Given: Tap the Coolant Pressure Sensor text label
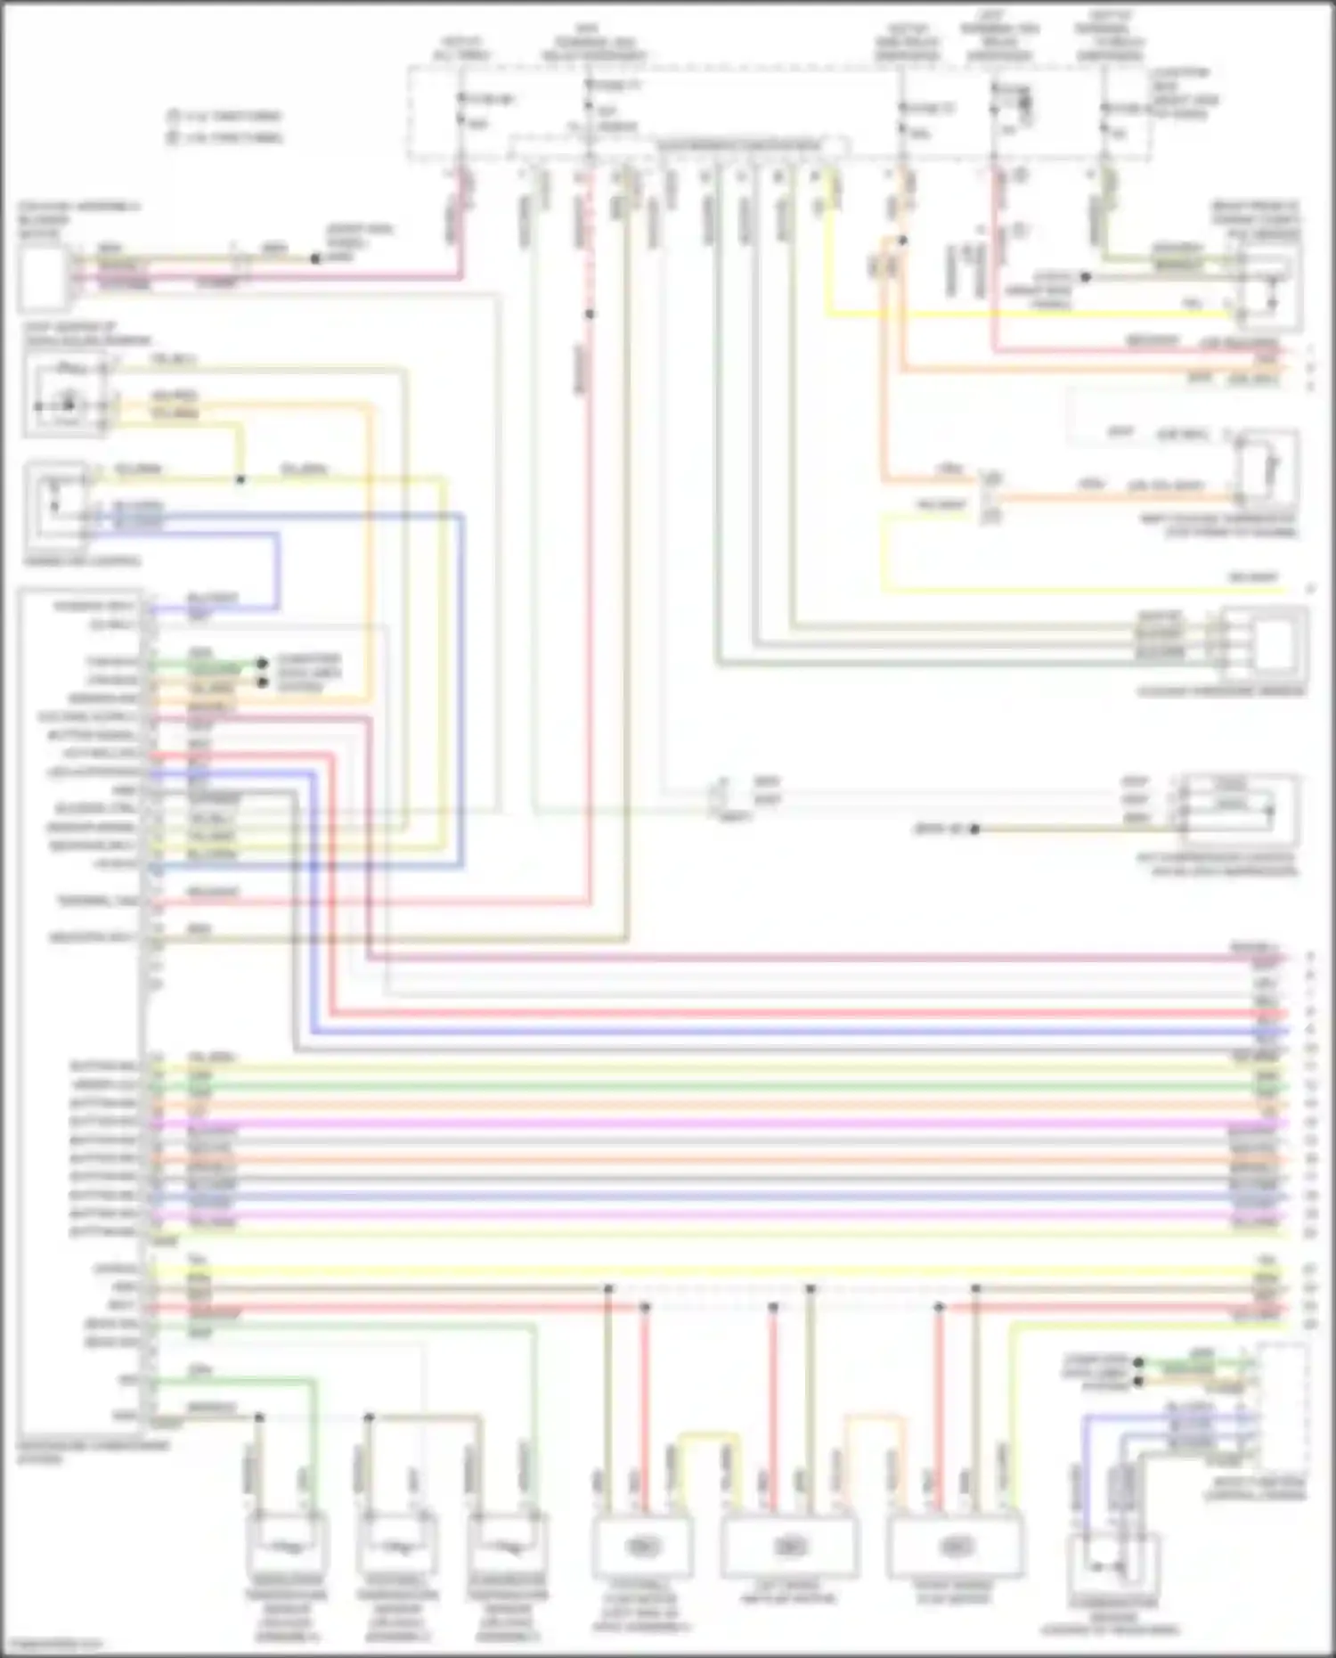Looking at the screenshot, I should point(1220,691).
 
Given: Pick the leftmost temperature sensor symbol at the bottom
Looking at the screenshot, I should point(287,1547).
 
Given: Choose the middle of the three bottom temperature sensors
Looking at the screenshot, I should point(398,1547).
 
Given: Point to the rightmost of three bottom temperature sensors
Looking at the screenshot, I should point(508,1547).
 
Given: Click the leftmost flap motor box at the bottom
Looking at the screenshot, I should point(643,1547).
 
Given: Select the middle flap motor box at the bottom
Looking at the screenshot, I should point(789,1547).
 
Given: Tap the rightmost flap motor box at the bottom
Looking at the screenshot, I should point(953,1547).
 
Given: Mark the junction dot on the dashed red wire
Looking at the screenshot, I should point(590,314).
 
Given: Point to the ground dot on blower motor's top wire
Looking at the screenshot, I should point(315,259).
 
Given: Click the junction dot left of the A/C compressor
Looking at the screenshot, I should point(974,829).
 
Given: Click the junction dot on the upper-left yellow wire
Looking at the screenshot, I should point(240,479).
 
